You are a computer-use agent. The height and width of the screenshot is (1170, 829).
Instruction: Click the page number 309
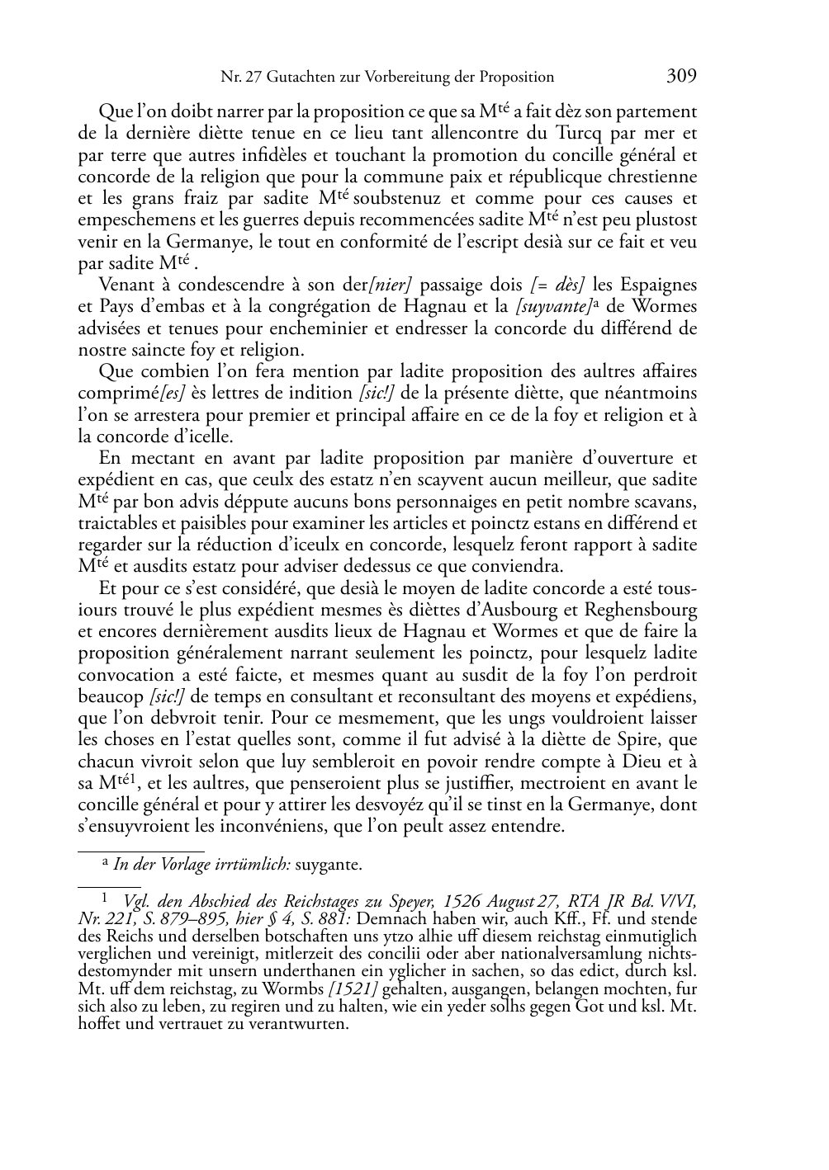(681, 77)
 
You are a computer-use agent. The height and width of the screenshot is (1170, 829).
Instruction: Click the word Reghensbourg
(645, 611)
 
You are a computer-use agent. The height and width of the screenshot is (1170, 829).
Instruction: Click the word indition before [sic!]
(320, 394)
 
